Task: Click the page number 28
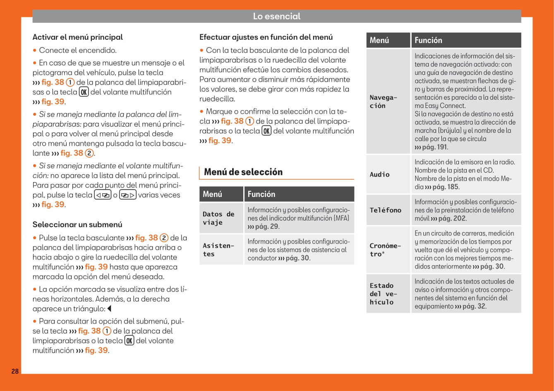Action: point(15,371)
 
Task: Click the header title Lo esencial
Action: point(277,17)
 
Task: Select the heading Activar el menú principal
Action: point(78,37)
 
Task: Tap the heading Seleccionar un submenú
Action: point(77,225)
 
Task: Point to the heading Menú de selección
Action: point(243,172)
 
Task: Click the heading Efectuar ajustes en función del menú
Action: point(266,37)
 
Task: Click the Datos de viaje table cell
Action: point(218,218)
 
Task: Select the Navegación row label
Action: point(383,101)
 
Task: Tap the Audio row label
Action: point(380,175)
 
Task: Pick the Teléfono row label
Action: point(386,210)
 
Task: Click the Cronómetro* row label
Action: point(385,250)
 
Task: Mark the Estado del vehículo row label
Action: point(383,294)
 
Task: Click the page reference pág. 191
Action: point(434,147)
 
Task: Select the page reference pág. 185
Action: point(446,187)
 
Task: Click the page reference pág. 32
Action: point(474,307)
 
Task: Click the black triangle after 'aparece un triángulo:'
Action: point(109,309)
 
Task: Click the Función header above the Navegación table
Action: point(428,40)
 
